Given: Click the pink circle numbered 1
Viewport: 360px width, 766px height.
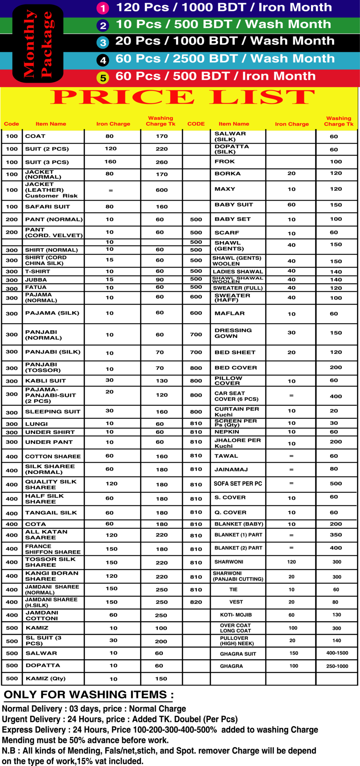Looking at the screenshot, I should tap(102, 8).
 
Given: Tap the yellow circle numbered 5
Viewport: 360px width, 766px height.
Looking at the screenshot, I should tap(103, 78).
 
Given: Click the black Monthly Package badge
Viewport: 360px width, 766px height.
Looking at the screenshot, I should tap(38, 44).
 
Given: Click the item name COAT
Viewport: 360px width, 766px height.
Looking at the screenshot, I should tap(35, 136).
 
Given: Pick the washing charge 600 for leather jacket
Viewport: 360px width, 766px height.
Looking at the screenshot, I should tap(161, 190).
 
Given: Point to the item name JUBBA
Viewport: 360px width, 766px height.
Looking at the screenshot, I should tap(36, 280).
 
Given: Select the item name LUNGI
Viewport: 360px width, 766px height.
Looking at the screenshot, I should tap(36, 424).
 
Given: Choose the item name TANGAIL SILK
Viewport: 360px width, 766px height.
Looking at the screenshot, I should tap(51, 513).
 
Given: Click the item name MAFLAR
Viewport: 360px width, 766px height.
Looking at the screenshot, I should tap(230, 313).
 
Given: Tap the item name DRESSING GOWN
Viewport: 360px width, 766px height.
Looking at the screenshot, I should tap(233, 333).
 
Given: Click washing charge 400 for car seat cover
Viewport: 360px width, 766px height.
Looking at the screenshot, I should tap(336, 396).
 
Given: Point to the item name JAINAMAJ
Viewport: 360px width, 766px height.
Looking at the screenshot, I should tap(231, 469).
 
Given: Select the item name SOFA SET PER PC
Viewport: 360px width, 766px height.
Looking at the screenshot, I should tap(238, 484).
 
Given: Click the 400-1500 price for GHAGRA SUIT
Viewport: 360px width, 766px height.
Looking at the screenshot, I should tap(337, 653).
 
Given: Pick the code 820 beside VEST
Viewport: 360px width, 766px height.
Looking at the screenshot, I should tap(196, 602).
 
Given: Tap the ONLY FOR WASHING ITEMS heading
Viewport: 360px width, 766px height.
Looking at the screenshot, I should tap(89, 695).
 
